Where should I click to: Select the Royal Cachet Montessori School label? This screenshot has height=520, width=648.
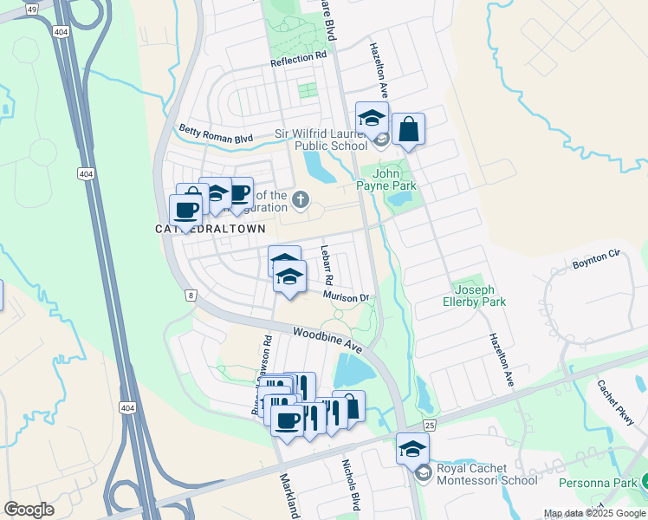point(487,474)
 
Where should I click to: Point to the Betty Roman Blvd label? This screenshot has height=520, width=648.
point(216,134)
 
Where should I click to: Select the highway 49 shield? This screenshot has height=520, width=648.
point(32,9)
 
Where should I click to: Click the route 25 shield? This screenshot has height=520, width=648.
point(429,425)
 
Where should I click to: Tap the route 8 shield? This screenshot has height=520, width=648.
point(190,295)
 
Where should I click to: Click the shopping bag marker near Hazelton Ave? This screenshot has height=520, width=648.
point(408,130)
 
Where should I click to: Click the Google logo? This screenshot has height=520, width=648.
point(29,510)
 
